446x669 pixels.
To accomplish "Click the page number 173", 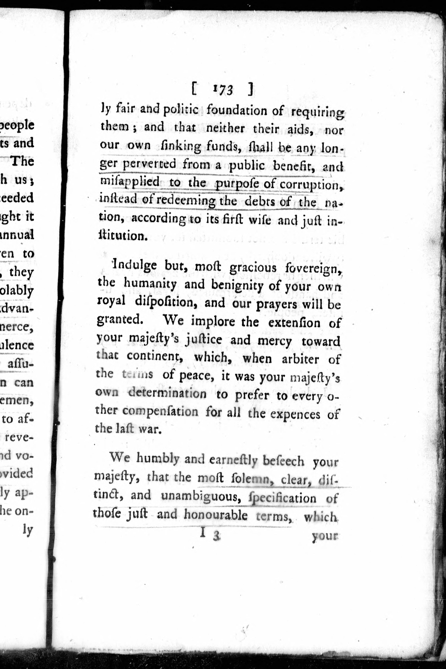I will tap(223, 90).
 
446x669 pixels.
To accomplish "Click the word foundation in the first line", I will tap(245, 110).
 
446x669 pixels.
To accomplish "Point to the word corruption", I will tap(311, 185).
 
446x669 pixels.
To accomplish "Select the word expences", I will tap(295, 414).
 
